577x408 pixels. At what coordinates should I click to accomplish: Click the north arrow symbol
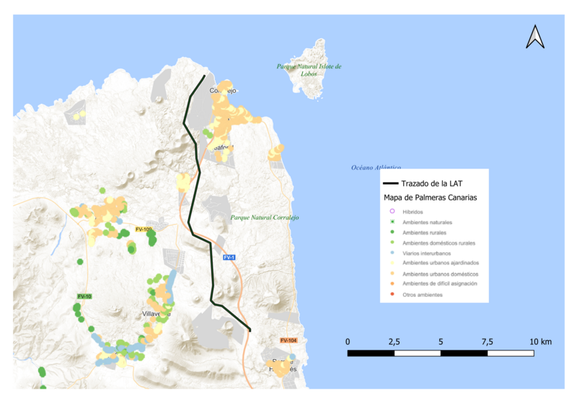(534, 37)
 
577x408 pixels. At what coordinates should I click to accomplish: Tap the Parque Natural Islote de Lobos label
(309, 69)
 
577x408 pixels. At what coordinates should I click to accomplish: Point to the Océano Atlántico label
(376, 167)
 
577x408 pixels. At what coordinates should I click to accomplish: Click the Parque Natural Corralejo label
(265, 217)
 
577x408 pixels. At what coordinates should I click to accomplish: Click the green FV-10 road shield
(84, 296)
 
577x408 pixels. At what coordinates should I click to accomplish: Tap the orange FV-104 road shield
(288, 340)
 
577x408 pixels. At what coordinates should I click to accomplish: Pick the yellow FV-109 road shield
(144, 229)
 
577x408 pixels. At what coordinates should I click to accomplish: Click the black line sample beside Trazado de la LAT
(390, 184)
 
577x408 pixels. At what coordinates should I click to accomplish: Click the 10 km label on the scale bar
(540, 341)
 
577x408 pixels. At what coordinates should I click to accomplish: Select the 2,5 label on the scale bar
(394, 341)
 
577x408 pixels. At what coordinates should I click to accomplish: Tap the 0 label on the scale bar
(348, 341)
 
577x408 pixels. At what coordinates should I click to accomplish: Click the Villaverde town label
(156, 314)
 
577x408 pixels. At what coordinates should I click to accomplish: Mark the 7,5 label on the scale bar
(487, 341)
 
